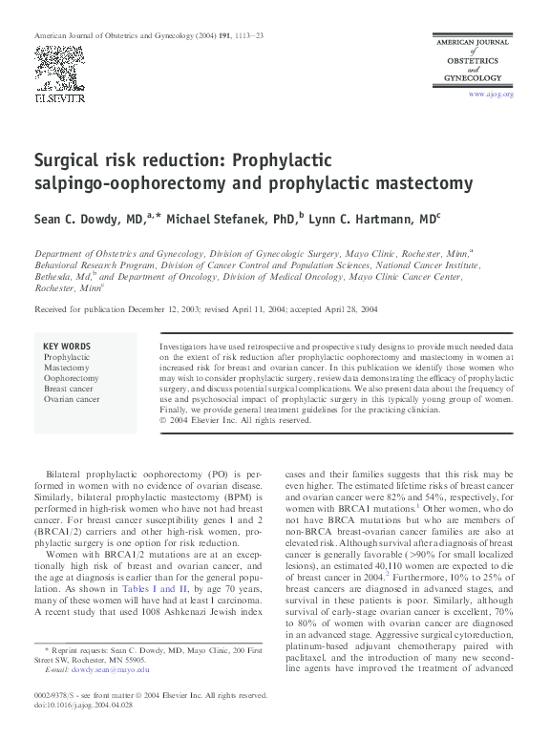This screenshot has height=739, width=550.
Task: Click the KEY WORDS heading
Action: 68,346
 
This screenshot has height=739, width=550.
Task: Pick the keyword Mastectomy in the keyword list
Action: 66,368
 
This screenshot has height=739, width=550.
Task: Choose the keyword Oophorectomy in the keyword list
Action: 71,378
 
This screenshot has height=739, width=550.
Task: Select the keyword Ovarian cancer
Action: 72,399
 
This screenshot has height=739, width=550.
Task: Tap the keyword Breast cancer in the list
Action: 70,389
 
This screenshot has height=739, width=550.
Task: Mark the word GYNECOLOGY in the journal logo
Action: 476,80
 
